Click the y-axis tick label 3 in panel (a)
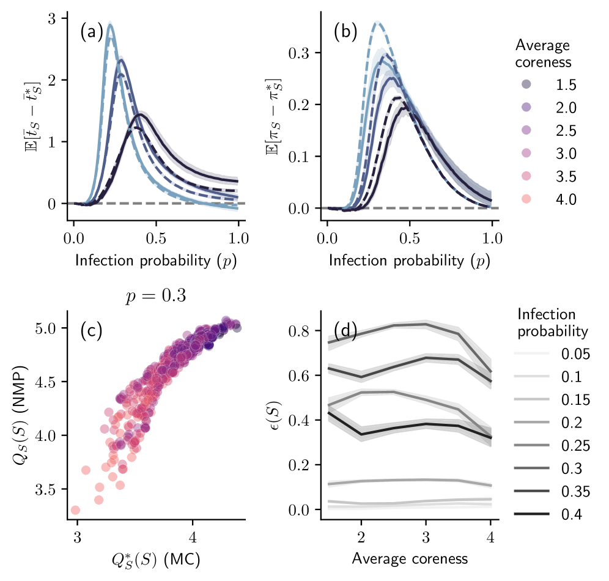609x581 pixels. point(54,19)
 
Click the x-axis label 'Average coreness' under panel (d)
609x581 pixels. point(410,558)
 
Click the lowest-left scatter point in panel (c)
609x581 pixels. point(75,510)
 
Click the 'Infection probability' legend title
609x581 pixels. point(552,323)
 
